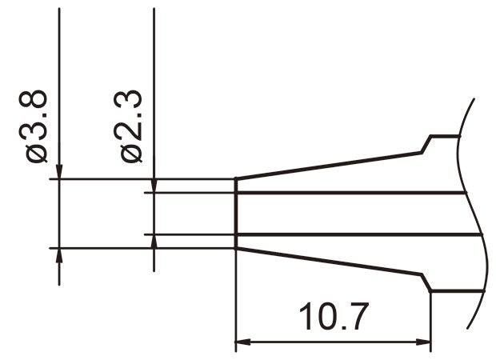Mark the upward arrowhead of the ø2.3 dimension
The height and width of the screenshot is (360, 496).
(154, 241)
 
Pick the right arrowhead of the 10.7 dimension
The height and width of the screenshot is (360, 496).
(425, 344)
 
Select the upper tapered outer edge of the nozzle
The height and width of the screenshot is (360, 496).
(328, 164)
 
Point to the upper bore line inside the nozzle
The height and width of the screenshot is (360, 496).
(352, 193)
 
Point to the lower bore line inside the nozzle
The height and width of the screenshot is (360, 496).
(352, 234)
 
